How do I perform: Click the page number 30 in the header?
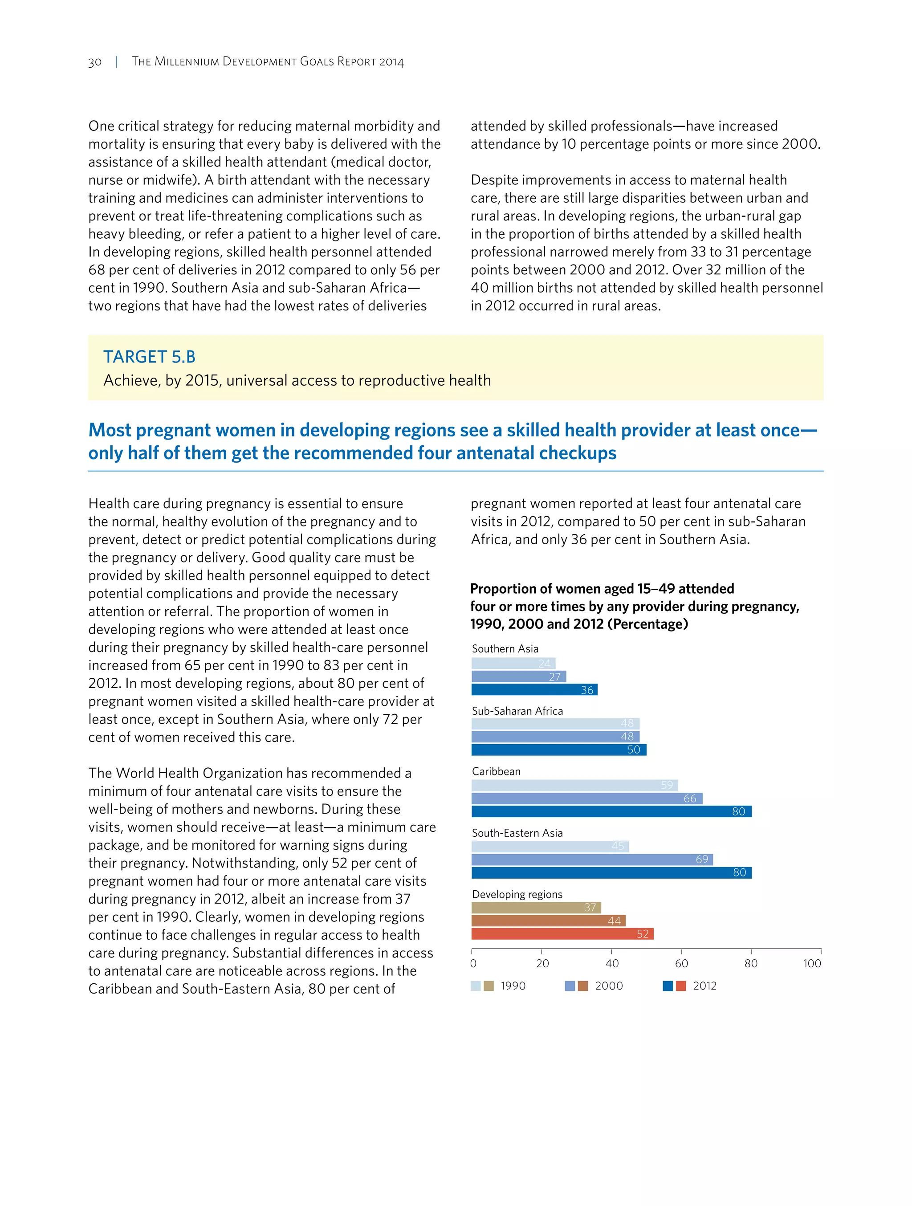[95, 62]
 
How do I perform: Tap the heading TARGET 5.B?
[149, 357]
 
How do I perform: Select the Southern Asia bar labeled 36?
[534, 690]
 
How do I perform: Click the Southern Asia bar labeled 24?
[513, 664]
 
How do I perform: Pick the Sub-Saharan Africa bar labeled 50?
[559, 750]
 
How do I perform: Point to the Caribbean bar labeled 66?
[586, 798]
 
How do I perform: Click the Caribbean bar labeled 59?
[574, 785]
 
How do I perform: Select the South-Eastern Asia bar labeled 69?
[592, 859]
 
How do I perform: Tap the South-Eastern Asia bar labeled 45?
[550, 846]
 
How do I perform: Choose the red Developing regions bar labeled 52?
[562, 934]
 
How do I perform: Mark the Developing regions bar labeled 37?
[536, 907]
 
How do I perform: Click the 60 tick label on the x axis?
[681, 963]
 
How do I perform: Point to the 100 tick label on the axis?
[812, 963]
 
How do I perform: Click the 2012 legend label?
[704, 986]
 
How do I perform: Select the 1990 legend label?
[513, 986]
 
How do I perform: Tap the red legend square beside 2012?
[681, 986]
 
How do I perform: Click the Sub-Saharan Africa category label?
[517, 711]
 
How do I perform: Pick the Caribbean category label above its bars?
[496, 771]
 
